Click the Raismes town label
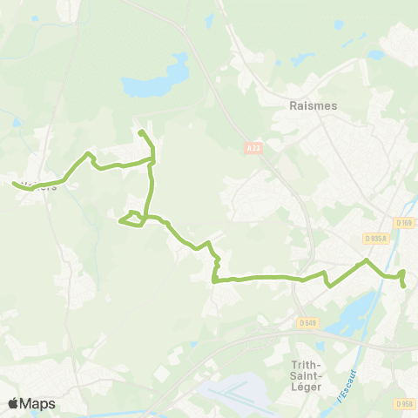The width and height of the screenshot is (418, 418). click(312, 104)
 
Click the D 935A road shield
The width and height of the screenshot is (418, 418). click(374, 238)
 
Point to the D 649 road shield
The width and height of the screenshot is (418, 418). click(307, 323)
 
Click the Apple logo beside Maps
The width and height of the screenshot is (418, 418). click(13, 404)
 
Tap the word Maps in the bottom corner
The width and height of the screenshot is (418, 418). click(37, 404)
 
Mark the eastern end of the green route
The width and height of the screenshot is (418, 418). click(404, 285)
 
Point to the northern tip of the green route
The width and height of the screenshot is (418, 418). click(140, 131)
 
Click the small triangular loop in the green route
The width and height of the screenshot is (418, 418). click(131, 219)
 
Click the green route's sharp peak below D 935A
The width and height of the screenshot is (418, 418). click(367, 260)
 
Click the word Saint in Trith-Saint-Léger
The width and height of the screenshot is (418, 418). click(309, 374)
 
